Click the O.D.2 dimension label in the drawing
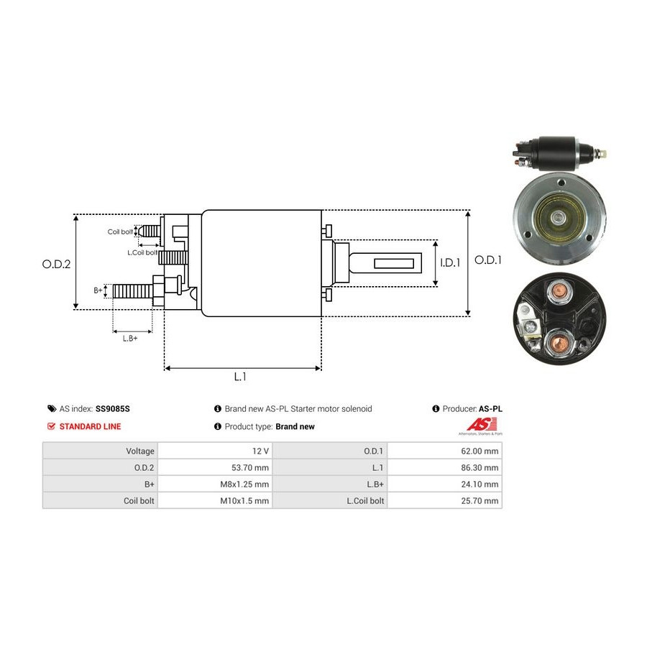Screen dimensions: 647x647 56,264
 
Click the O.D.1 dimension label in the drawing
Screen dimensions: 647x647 489,260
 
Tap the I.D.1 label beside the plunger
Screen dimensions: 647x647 449,262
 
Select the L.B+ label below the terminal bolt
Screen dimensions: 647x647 129,338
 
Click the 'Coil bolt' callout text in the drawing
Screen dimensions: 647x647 120,231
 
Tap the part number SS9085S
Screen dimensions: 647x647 113,408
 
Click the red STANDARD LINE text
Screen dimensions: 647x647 90,426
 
